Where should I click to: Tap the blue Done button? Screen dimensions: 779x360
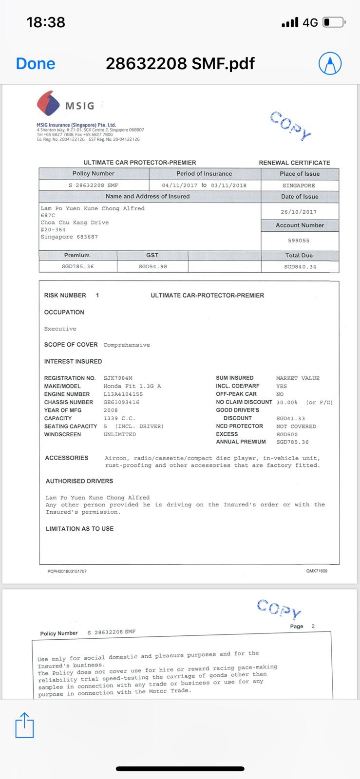[x=36, y=63]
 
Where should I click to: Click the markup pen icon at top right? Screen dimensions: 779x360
[x=330, y=63]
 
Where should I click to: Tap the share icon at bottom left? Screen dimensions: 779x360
[x=25, y=725]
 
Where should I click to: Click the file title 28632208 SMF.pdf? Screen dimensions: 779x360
[x=180, y=63]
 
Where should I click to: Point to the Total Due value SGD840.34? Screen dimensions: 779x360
[x=300, y=266]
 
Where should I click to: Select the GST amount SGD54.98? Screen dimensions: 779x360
[x=152, y=266]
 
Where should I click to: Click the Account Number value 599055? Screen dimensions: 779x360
[x=299, y=241]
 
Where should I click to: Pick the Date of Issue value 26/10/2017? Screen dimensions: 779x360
[x=299, y=212]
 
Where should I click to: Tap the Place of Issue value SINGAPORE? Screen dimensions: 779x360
[x=299, y=185]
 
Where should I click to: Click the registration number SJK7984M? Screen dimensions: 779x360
[x=118, y=378]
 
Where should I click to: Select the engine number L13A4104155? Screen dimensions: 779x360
[x=123, y=394]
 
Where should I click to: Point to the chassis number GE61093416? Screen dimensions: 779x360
[x=121, y=402]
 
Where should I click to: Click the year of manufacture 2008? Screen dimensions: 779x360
[x=111, y=410]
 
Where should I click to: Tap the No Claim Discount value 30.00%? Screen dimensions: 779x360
[x=286, y=402]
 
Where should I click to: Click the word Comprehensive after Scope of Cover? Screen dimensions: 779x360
[x=127, y=345]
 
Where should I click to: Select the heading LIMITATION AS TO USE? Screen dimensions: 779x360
[x=79, y=529]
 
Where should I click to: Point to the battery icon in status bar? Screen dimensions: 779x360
[x=334, y=22]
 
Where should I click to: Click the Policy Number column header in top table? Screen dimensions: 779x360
[x=93, y=173]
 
